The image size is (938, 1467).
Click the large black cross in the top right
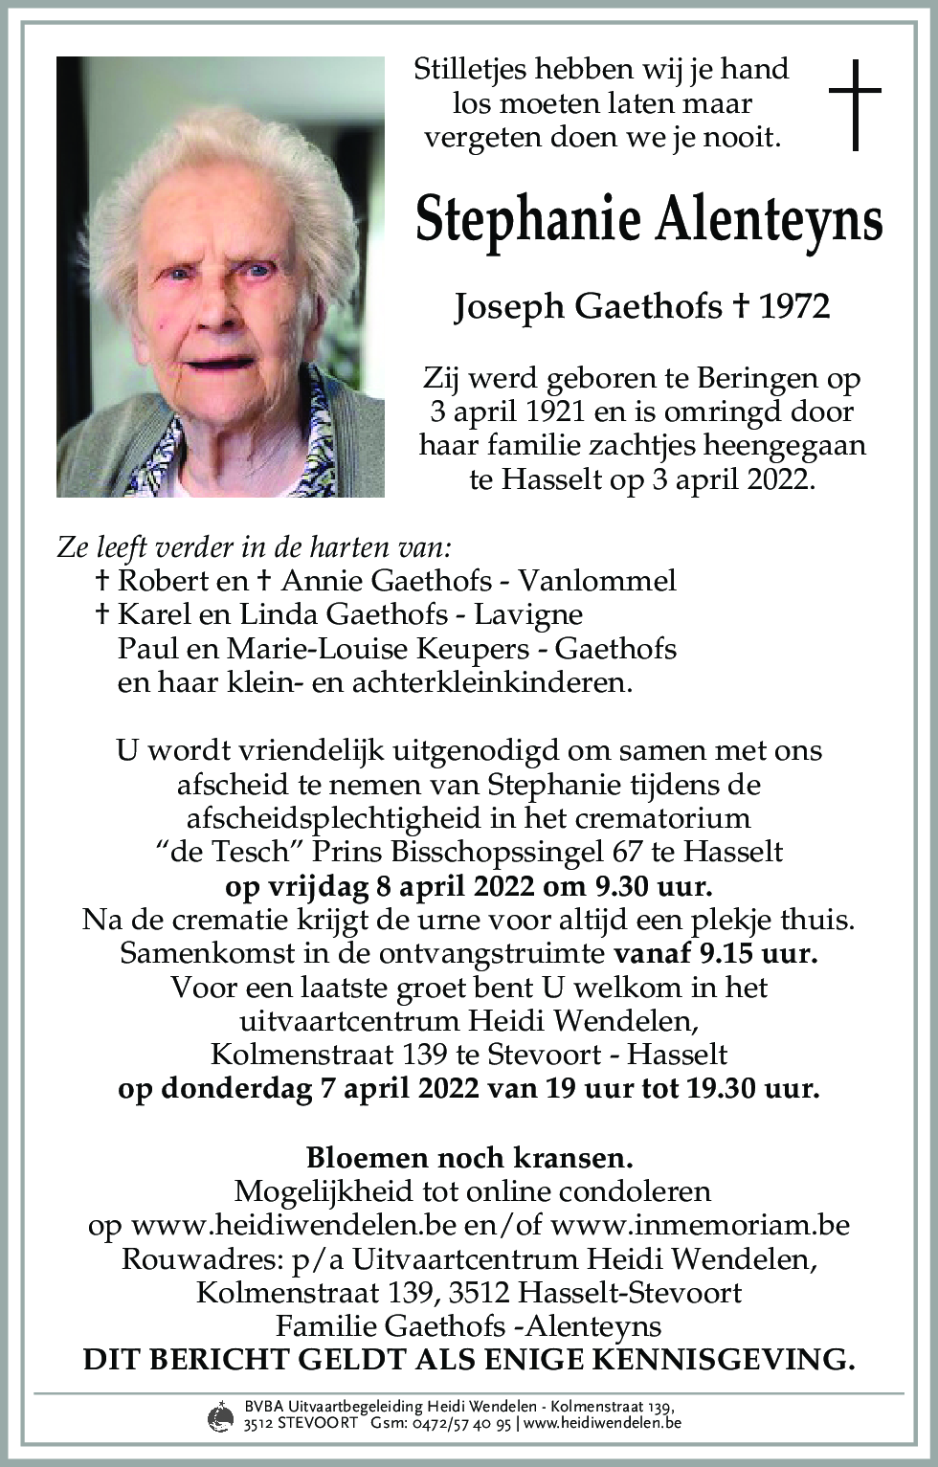pyautogui.click(x=854, y=104)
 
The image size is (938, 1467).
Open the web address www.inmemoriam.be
pyautogui.click(x=701, y=1225)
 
